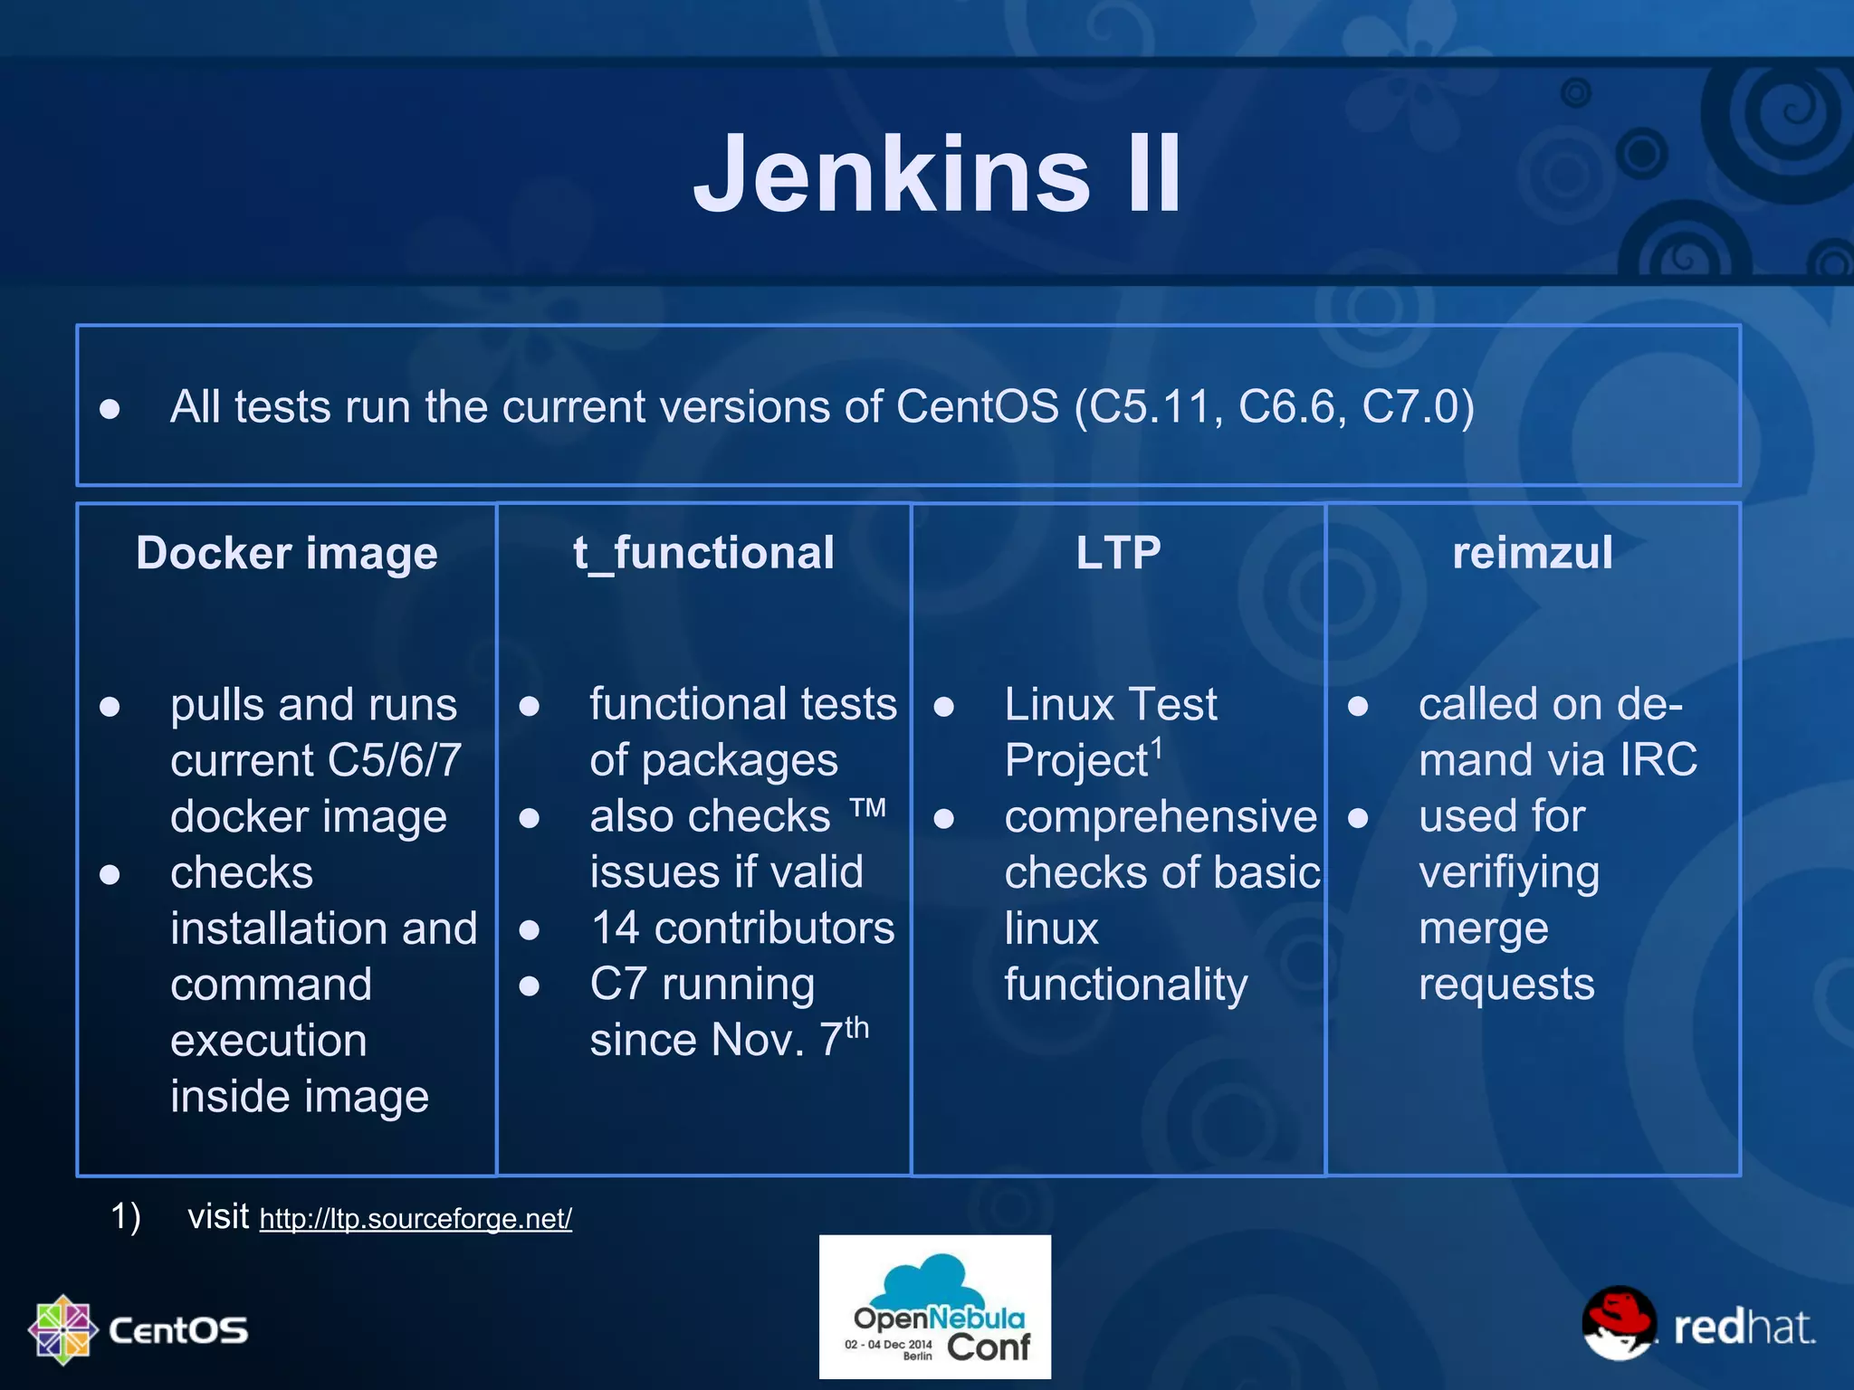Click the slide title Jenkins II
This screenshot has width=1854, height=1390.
coord(937,174)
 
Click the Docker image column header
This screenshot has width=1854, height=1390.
coord(286,553)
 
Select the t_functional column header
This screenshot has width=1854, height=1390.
coord(703,553)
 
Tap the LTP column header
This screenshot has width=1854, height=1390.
coord(1118,553)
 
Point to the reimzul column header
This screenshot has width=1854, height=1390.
coord(1532,553)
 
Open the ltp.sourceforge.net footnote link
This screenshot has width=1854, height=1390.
coord(416,1219)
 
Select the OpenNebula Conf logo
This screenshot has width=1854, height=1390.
coord(935,1307)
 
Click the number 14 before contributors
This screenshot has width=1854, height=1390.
coord(615,928)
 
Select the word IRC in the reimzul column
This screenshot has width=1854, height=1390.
coord(1658,760)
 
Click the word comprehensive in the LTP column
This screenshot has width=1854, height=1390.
coord(1161,817)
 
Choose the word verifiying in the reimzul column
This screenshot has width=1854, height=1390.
coord(1509,873)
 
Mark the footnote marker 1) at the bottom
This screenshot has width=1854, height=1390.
coord(126,1217)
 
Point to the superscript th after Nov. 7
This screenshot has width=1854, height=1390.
coord(856,1028)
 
